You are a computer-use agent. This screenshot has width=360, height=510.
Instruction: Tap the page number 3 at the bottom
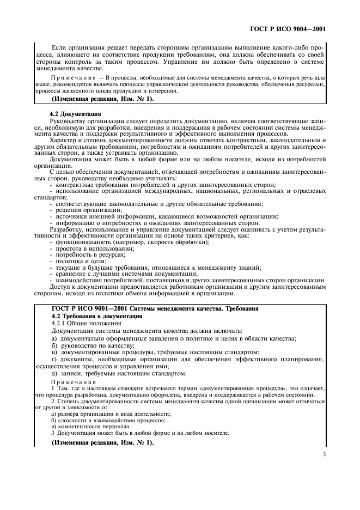[x=324, y=453]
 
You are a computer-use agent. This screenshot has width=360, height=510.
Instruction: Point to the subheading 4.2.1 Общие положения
[x=83, y=324]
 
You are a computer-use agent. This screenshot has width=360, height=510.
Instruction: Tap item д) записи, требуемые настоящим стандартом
[x=118, y=374]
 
